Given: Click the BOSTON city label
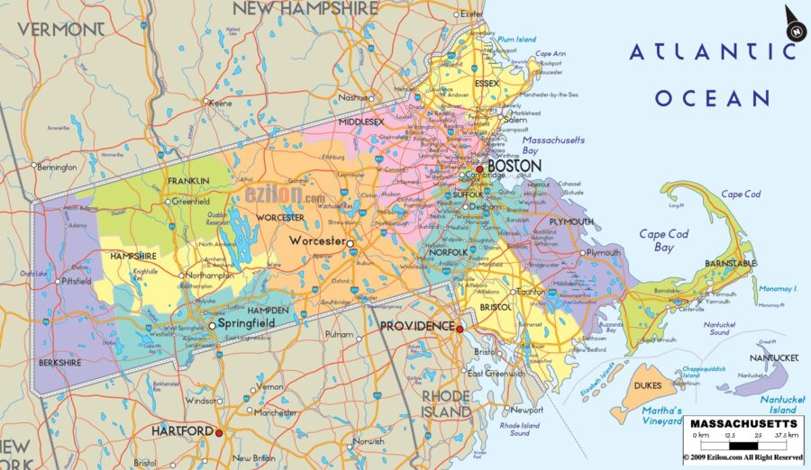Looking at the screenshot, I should click(x=515, y=166).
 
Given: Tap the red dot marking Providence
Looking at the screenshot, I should click(x=460, y=330).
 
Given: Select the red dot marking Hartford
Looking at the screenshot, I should click(x=219, y=432).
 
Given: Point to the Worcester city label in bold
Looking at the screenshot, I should click(x=316, y=241).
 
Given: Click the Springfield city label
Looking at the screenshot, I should click(x=246, y=323).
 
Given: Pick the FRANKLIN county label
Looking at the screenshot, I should click(x=187, y=181).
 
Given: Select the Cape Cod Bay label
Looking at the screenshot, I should click(x=663, y=240).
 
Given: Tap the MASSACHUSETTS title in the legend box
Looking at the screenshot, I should click(x=743, y=422).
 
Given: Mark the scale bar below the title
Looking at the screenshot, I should click(x=743, y=444).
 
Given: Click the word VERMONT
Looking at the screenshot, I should click(x=60, y=29).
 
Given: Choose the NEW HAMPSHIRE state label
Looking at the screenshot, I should click(x=305, y=9).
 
